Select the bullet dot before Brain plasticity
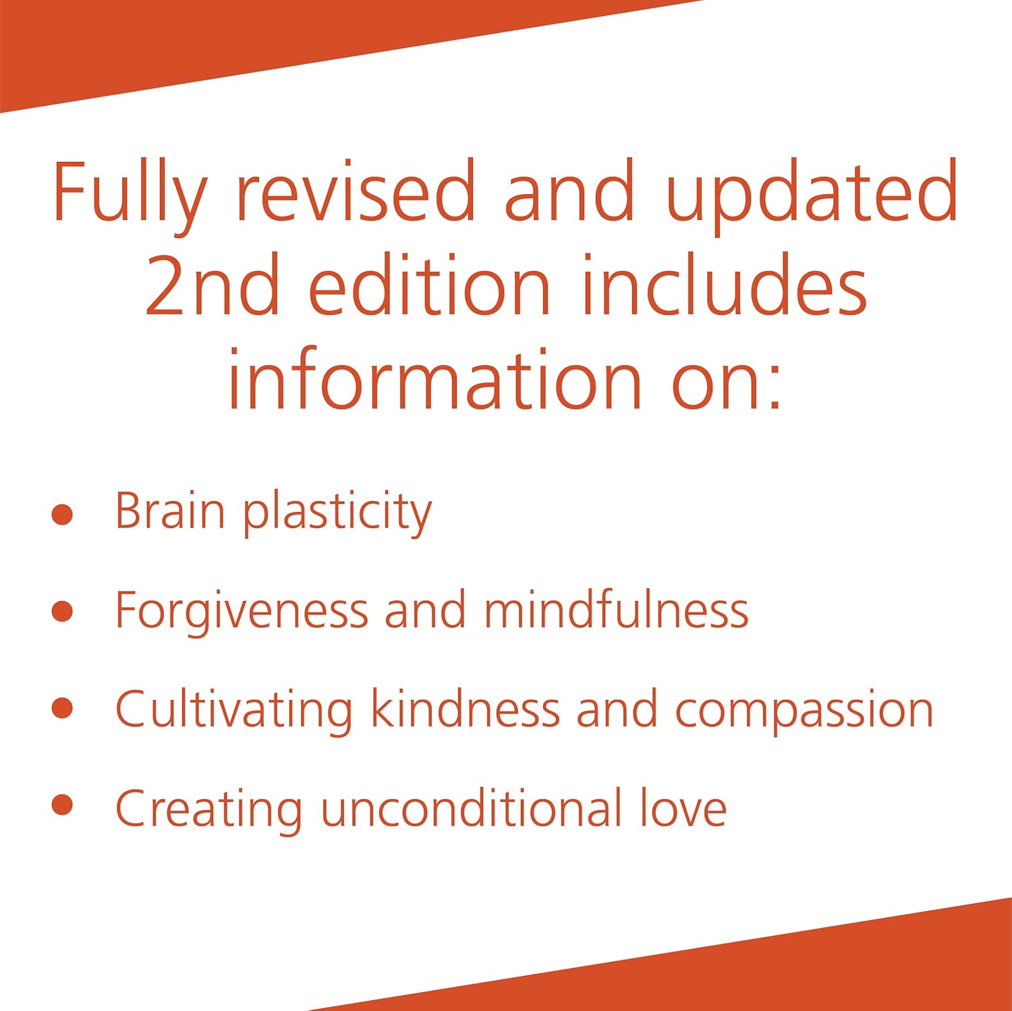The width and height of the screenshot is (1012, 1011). click(x=62, y=514)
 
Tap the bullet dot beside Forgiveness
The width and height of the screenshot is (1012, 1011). click(x=62, y=611)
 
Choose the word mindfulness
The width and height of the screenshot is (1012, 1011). click(x=616, y=610)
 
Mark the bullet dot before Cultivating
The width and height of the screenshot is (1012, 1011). click(x=62, y=708)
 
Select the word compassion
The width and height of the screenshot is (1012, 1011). click(x=804, y=712)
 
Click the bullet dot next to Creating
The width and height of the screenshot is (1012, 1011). click(x=62, y=805)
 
